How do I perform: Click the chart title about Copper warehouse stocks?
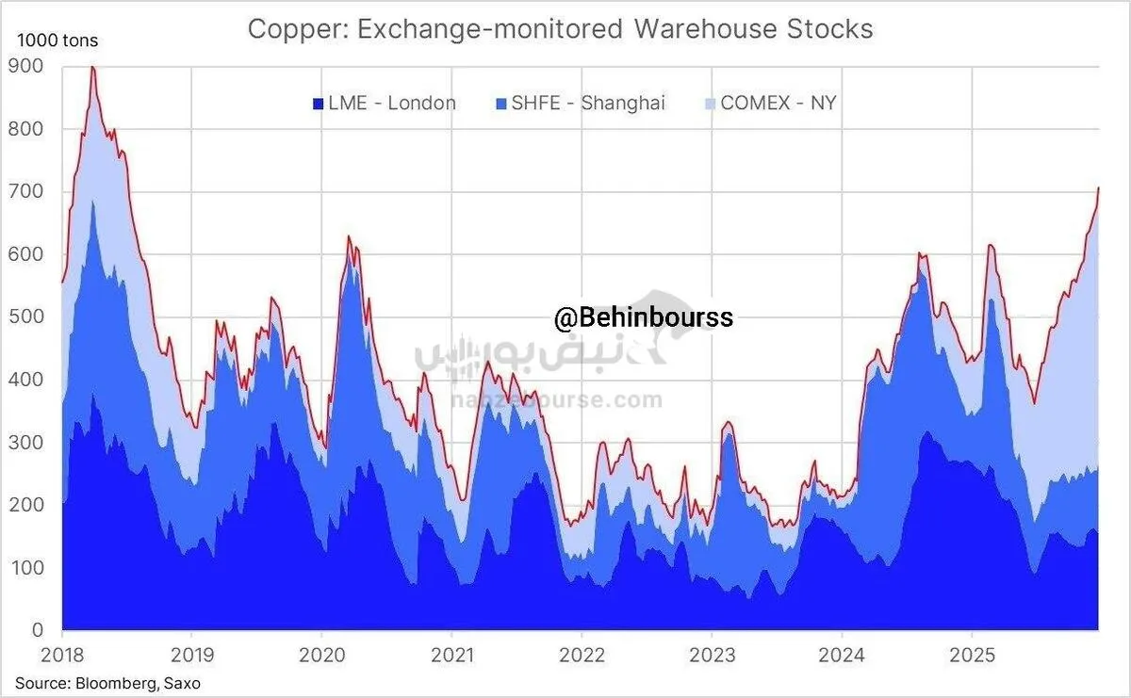[x=560, y=29]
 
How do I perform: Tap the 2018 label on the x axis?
[x=61, y=653]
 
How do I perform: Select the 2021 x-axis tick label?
[x=451, y=653]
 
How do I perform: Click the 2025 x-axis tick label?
[x=969, y=653]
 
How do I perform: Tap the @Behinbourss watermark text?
[x=643, y=318]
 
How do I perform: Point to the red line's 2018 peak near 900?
[x=92, y=67]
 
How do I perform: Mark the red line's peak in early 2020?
[x=349, y=236]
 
